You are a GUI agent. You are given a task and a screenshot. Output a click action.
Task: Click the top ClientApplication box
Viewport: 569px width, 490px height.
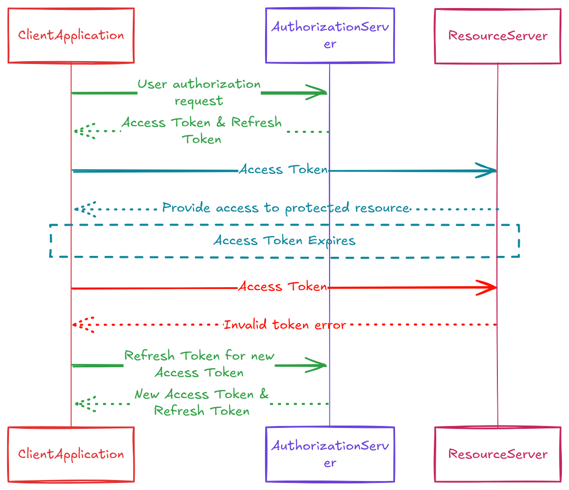pos(71,36)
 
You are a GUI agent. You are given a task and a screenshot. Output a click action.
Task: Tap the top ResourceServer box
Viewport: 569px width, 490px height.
pos(498,36)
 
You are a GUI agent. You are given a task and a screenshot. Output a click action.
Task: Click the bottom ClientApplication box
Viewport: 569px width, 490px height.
pos(71,454)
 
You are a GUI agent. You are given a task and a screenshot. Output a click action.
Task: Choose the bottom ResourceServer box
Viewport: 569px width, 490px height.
pos(498,454)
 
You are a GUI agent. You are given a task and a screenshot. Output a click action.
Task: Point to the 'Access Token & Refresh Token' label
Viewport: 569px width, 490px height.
pos(202,130)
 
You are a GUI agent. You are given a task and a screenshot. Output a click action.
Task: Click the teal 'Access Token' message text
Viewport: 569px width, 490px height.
pos(284,169)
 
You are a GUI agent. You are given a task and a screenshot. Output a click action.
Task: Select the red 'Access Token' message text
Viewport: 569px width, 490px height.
pos(283,287)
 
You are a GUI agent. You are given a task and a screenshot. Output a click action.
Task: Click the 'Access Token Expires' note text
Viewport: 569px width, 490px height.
pos(284,241)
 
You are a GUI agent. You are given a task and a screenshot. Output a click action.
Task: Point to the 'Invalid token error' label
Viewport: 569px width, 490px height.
pos(284,325)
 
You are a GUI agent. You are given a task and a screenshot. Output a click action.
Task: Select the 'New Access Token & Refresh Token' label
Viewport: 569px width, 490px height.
pos(202,402)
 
